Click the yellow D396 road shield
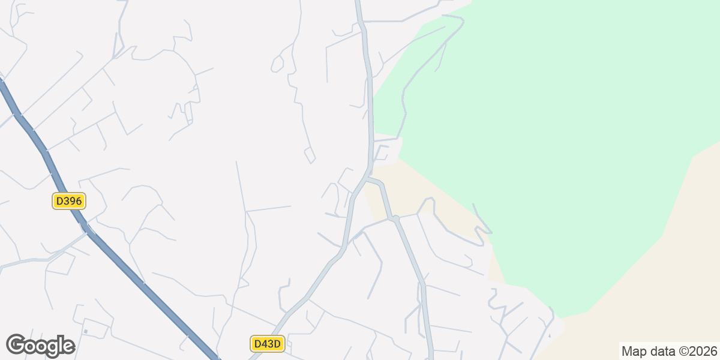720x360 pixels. [x=69, y=201]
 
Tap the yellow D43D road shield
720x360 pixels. [x=267, y=344]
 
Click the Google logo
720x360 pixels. [x=40, y=346]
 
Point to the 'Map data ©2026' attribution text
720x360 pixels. [x=669, y=351]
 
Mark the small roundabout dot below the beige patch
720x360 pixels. [x=395, y=219]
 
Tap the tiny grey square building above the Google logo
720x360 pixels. [x=86, y=331]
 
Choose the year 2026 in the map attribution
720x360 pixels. [x=705, y=351]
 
